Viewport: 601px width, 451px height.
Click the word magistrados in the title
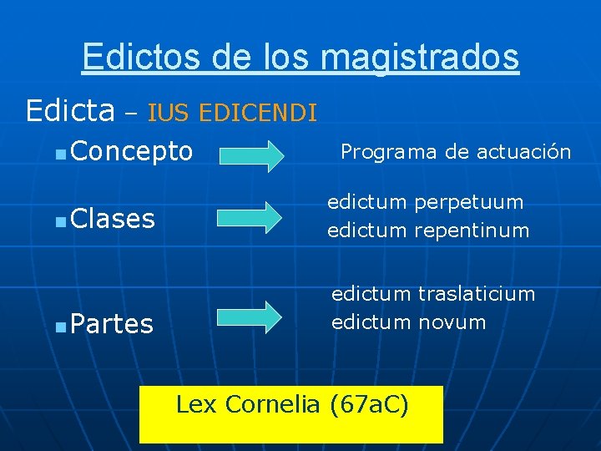tap(419, 58)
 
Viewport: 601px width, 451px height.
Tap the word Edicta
tap(70, 109)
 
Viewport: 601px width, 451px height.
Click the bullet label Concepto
tap(132, 152)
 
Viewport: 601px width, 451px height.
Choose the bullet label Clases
tap(113, 219)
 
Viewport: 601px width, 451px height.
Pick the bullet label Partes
tap(112, 323)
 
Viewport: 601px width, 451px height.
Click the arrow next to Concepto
tap(250, 156)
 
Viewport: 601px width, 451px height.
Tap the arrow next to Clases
tap(250, 216)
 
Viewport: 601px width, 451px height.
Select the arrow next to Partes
tap(250, 317)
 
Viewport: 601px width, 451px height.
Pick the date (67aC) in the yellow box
tap(370, 405)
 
